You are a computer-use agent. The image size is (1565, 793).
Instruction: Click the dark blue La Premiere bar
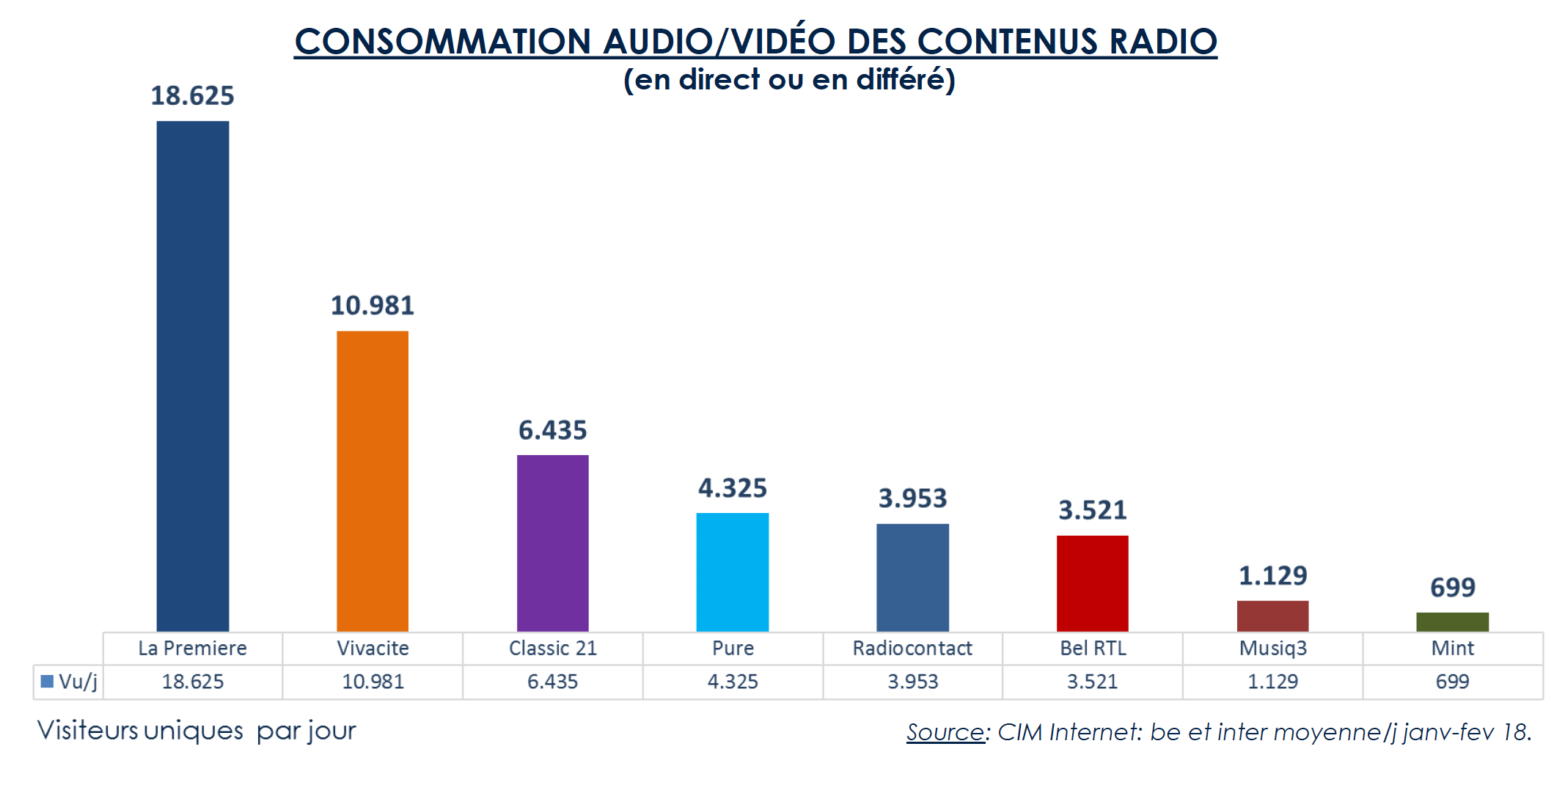click(192, 375)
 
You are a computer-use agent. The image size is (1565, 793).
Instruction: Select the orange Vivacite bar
click(373, 481)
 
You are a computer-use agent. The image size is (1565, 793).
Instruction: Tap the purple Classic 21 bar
click(552, 543)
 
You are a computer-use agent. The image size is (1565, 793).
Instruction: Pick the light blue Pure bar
click(733, 572)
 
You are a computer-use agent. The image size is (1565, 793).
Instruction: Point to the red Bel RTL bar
click(1092, 583)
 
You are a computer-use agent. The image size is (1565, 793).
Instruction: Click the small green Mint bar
click(1452, 622)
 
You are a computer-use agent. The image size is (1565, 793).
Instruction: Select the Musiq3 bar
click(1272, 616)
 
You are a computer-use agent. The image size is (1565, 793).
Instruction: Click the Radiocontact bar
click(912, 578)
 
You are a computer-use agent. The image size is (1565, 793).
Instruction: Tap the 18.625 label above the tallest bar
click(192, 96)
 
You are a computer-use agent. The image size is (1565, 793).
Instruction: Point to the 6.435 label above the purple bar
click(552, 430)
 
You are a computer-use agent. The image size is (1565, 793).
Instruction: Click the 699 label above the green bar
click(1452, 587)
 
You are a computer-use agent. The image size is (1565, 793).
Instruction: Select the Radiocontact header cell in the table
click(912, 649)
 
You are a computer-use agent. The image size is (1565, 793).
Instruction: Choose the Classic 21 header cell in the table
click(552, 649)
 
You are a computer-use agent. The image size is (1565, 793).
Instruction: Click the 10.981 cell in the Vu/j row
click(373, 682)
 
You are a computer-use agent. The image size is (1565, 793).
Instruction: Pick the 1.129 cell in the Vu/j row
click(1272, 682)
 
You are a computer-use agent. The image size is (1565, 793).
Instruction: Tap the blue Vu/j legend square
click(47, 682)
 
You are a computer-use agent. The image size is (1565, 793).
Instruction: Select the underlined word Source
click(945, 731)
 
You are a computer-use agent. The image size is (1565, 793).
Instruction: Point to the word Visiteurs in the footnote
click(87, 730)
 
